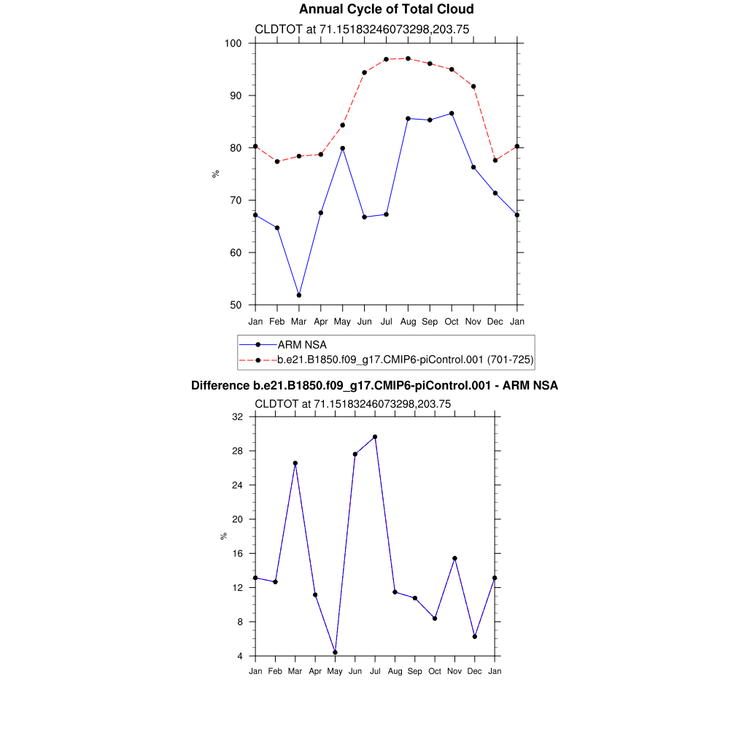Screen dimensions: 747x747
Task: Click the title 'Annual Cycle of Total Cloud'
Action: pyautogui.click(x=386, y=9)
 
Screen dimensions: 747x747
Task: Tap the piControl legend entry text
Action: pyautogui.click(x=406, y=359)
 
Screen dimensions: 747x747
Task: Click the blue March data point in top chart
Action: pyautogui.click(x=299, y=295)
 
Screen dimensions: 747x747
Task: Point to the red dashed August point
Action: pyautogui.click(x=408, y=58)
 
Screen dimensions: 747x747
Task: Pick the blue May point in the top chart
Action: pyautogui.click(x=342, y=148)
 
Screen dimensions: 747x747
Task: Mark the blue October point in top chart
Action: pyautogui.click(x=452, y=113)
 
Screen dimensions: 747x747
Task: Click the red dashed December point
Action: pyautogui.click(x=495, y=160)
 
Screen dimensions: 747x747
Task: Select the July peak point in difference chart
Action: pyautogui.click(x=375, y=437)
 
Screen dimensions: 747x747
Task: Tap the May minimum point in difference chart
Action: pyautogui.click(x=335, y=652)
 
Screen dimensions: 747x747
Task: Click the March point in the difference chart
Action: pyautogui.click(x=295, y=463)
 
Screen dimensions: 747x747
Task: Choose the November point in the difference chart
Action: pyautogui.click(x=454, y=558)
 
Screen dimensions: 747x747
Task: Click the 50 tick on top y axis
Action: pyautogui.click(x=236, y=305)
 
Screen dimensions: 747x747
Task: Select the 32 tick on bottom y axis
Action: pyautogui.click(x=237, y=417)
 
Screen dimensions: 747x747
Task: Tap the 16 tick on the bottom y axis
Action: pyautogui.click(x=237, y=554)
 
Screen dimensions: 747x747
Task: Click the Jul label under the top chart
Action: pyautogui.click(x=386, y=322)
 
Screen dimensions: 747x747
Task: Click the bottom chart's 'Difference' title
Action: pyautogui.click(x=374, y=386)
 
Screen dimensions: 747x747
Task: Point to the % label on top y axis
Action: pyautogui.click(x=215, y=174)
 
